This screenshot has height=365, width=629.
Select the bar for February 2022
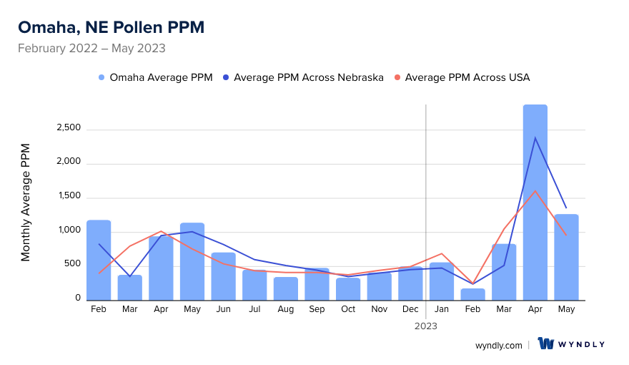(99, 261)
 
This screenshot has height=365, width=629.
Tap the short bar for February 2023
(473, 294)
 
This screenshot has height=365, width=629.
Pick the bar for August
(286, 288)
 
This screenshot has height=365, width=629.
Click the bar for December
(410, 283)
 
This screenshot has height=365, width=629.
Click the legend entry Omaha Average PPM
(155, 77)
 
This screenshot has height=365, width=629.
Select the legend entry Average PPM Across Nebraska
(303, 77)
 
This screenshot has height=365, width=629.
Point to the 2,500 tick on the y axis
(68, 128)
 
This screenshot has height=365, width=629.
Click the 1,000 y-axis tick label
(68, 230)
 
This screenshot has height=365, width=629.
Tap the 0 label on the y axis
(78, 298)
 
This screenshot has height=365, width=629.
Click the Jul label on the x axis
(254, 309)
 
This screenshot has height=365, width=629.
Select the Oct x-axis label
(348, 309)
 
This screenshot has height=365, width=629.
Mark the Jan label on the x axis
(442, 309)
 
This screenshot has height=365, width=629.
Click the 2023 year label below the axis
(426, 326)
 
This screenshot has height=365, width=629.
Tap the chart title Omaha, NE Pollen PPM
(111, 27)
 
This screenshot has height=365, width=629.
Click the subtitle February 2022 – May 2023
(91, 49)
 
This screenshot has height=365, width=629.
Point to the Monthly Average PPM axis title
(26, 203)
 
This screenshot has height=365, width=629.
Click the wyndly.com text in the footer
(499, 345)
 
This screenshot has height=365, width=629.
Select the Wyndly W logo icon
(546, 344)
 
